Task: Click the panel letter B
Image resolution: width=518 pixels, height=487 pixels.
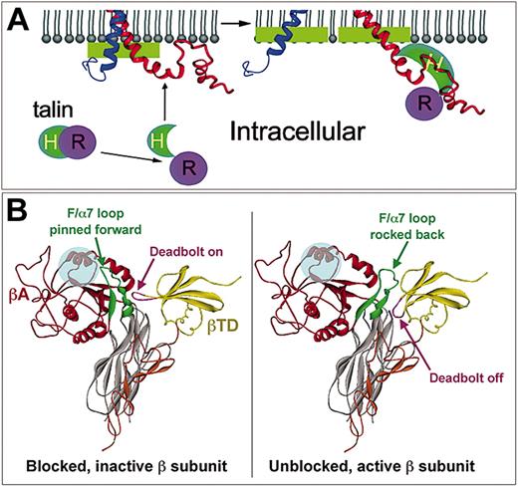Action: (x=17, y=213)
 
